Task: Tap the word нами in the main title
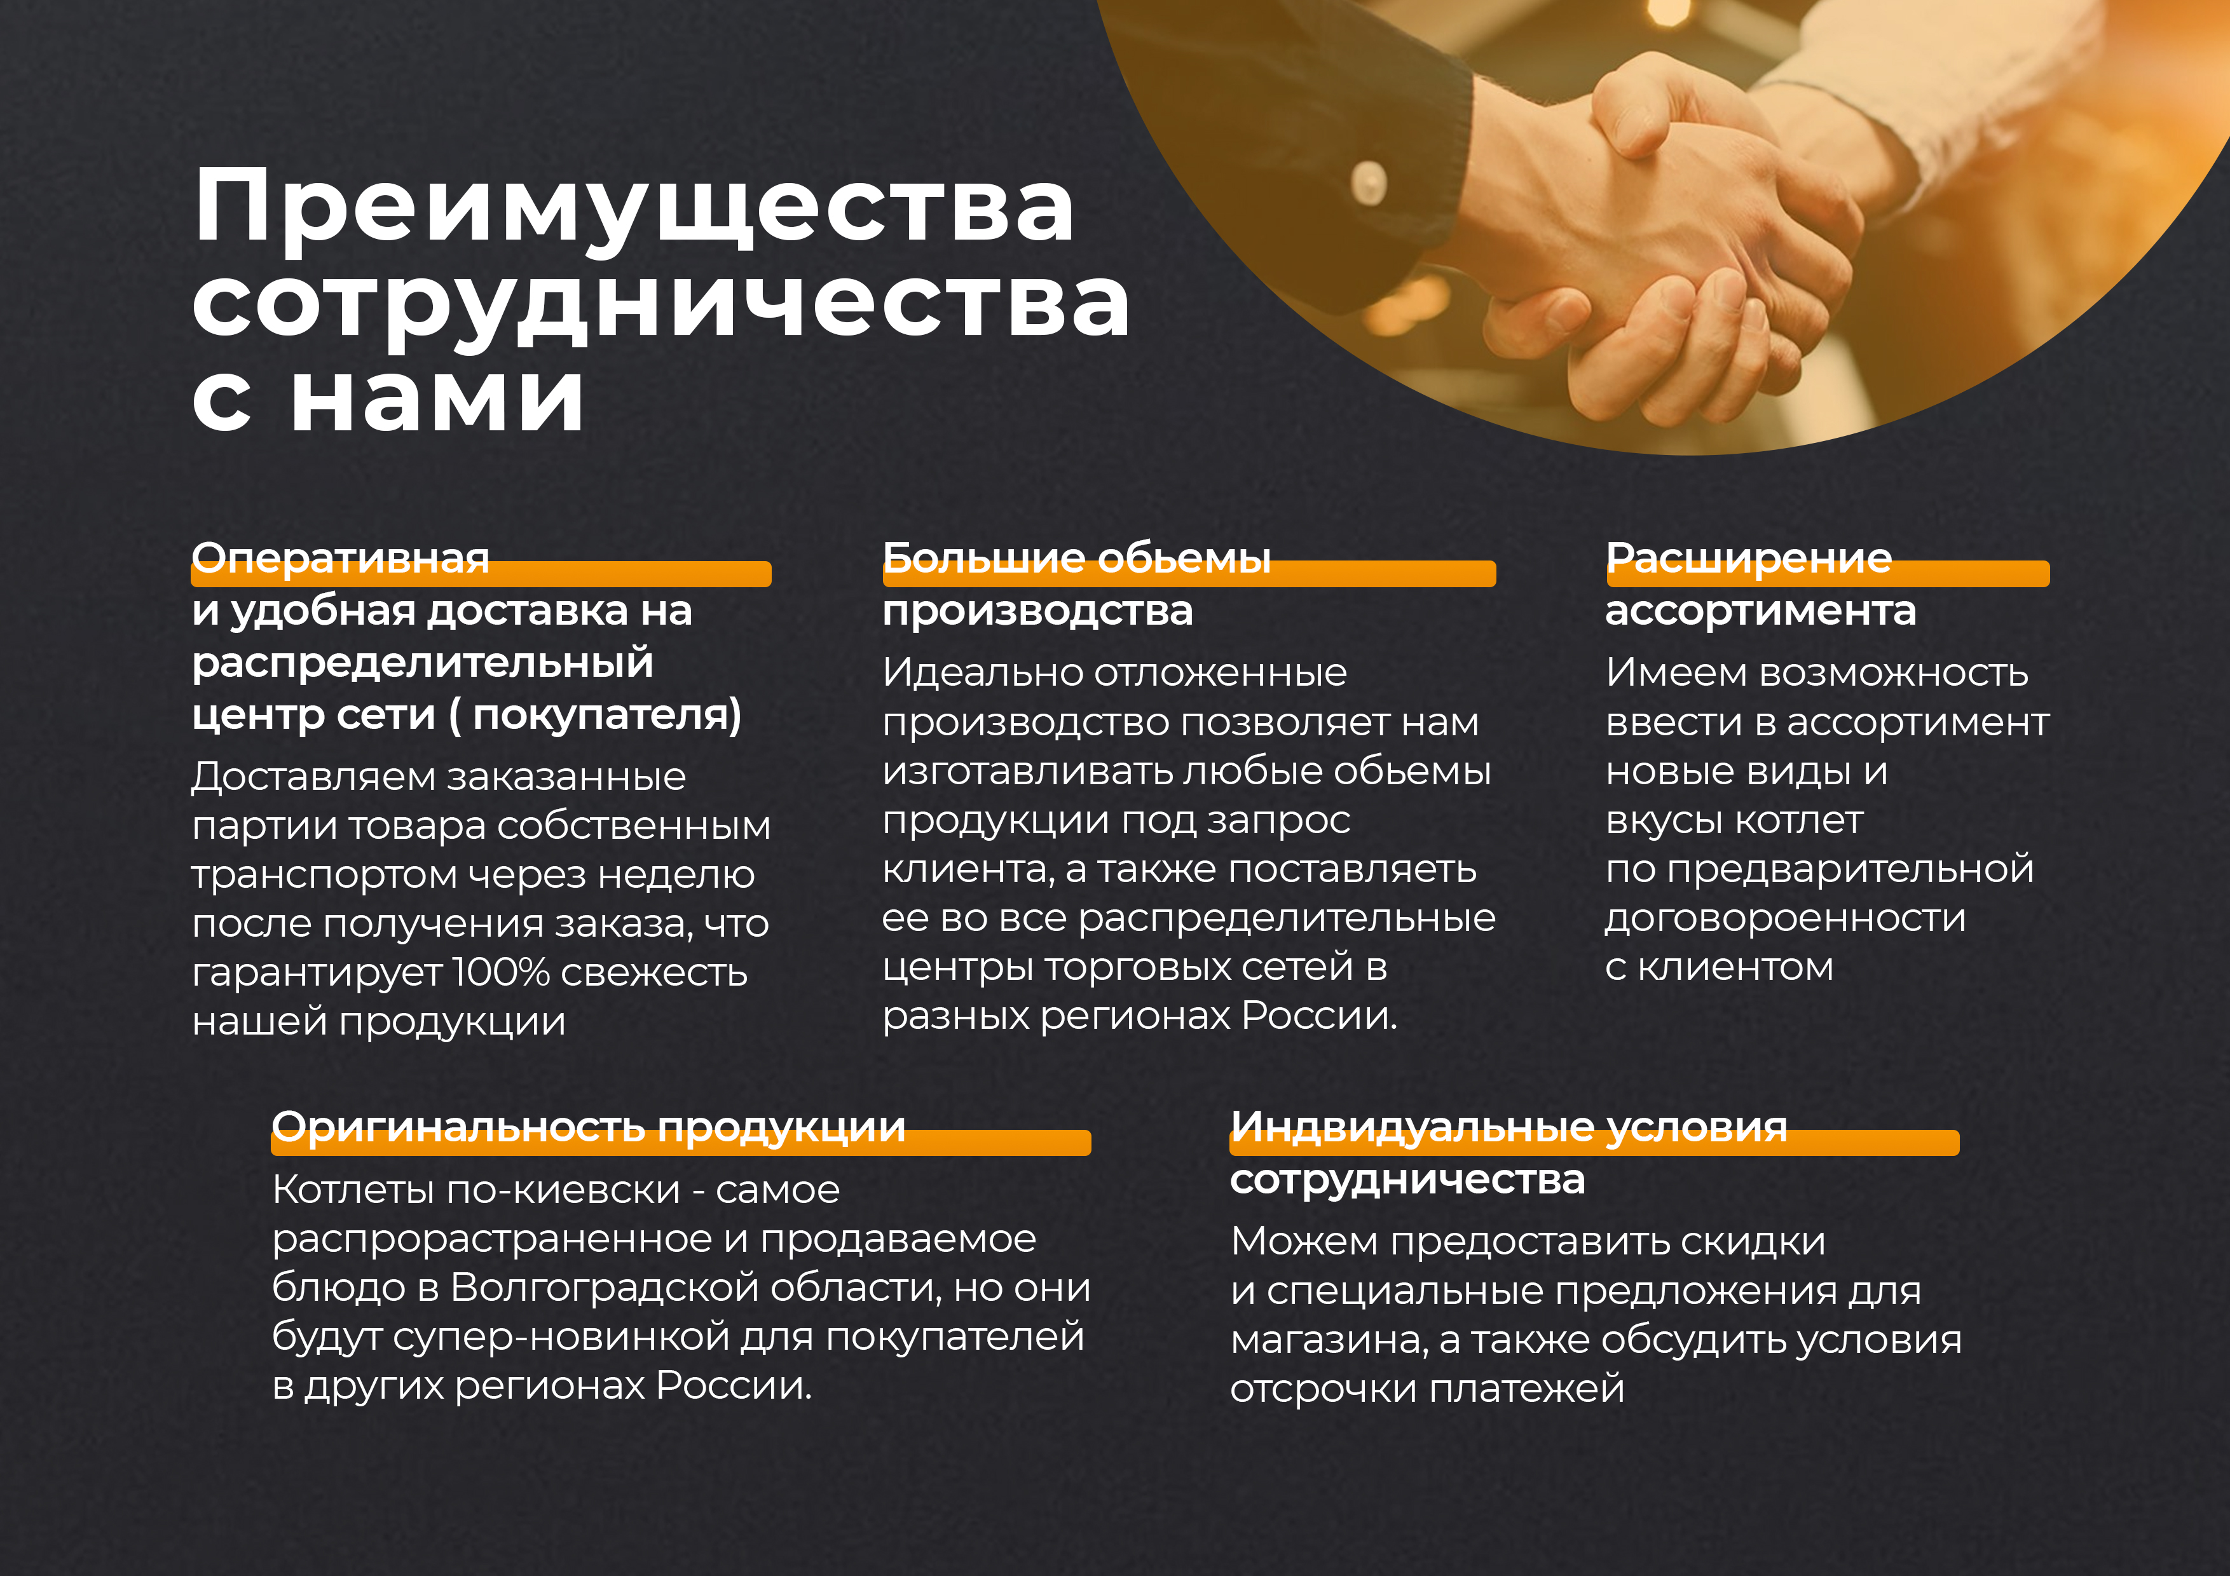pos(437,397)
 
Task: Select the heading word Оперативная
pos(341,559)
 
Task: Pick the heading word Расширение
pos(1748,559)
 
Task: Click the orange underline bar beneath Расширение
pos(1828,574)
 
